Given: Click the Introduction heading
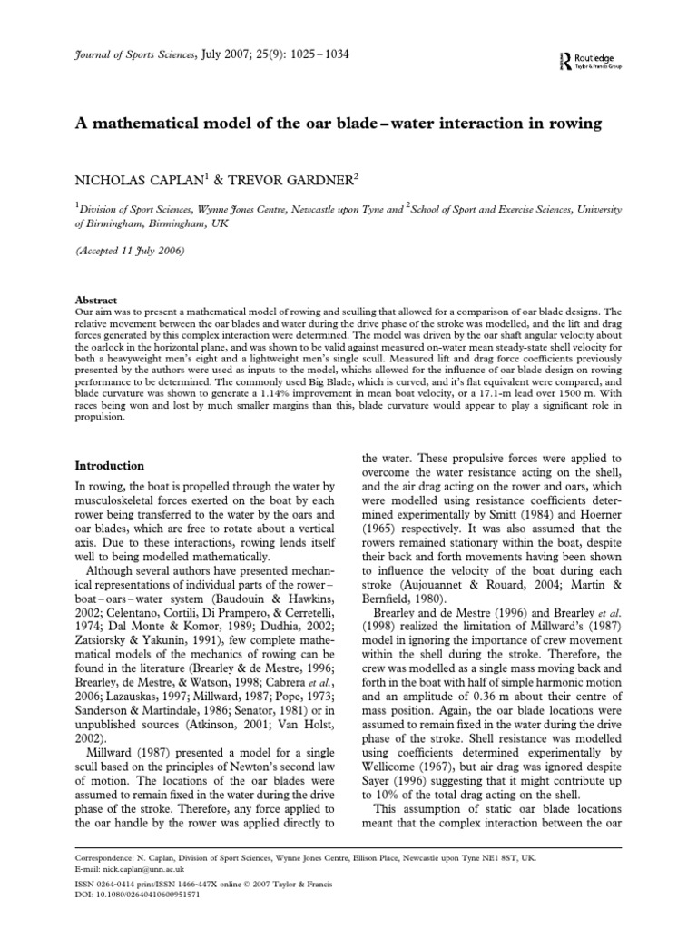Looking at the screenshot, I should (109, 465).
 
